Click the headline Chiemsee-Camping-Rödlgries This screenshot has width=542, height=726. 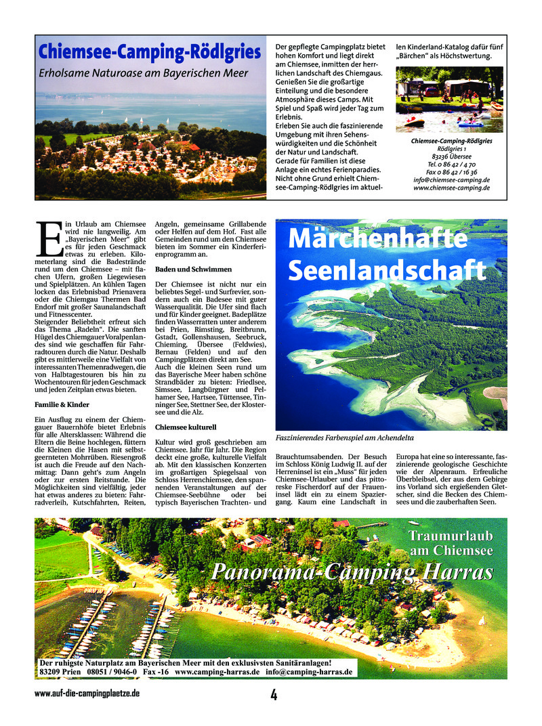pyautogui.click(x=149, y=52)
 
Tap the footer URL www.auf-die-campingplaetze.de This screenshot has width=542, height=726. pyautogui.click(x=87, y=693)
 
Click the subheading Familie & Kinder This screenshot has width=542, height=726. pyautogui.click(x=62, y=404)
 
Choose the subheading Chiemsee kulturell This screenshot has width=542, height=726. pyautogui.click(x=186, y=428)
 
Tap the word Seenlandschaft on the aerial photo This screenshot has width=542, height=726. pyautogui.click(x=387, y=270)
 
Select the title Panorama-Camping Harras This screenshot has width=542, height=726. pyautogui.click(x=352, y=572)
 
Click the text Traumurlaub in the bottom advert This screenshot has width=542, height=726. pyautogui.click(x=450, y=536)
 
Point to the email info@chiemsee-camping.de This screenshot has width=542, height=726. pyautogui.click(x=451, y=180)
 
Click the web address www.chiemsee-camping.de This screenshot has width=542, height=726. pyautogui.click(x=451, y=188)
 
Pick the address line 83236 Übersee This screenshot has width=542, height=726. pyautogui.click(x=451, y=156)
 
